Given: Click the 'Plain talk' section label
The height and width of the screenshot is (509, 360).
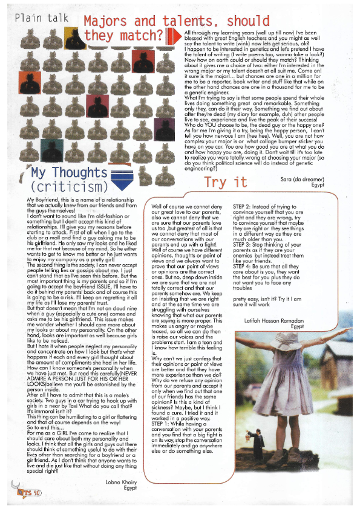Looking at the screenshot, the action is (42, 18).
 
